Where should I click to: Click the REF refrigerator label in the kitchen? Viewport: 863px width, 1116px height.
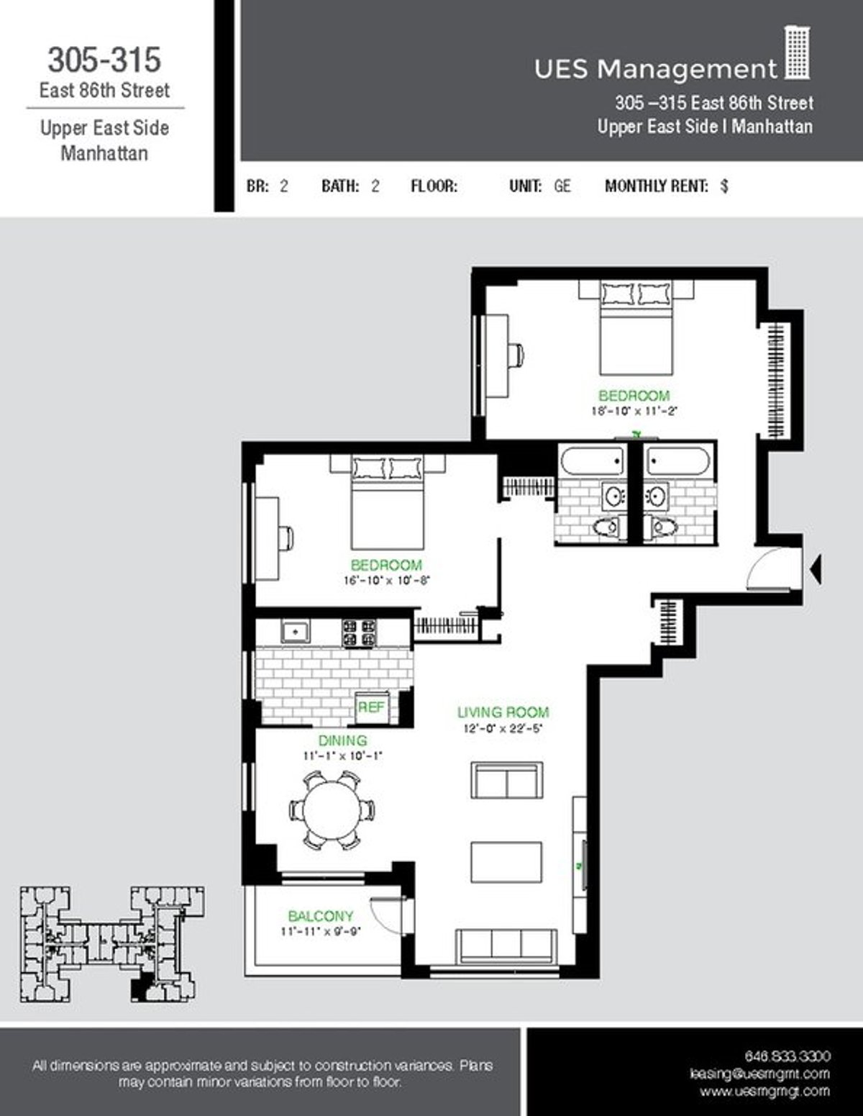[371, 707]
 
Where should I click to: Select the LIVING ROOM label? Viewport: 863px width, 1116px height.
[503, 712]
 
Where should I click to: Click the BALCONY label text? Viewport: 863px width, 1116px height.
[321, 916]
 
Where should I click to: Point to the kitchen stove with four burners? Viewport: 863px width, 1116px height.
[359, 632]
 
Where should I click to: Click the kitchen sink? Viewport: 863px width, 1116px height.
[295, 632]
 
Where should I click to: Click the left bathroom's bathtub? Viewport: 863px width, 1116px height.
[592, 461]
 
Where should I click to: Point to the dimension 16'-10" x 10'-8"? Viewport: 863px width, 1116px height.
[386, 580]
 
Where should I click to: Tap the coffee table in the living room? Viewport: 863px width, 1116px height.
[506, 862]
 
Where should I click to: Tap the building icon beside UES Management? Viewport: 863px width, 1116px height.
[796, 53]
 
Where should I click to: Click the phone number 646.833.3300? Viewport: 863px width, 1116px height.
[787, 1056]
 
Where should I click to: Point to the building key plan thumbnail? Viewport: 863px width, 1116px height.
[111, 944]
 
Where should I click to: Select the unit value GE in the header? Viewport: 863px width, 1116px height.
[562, 186]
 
